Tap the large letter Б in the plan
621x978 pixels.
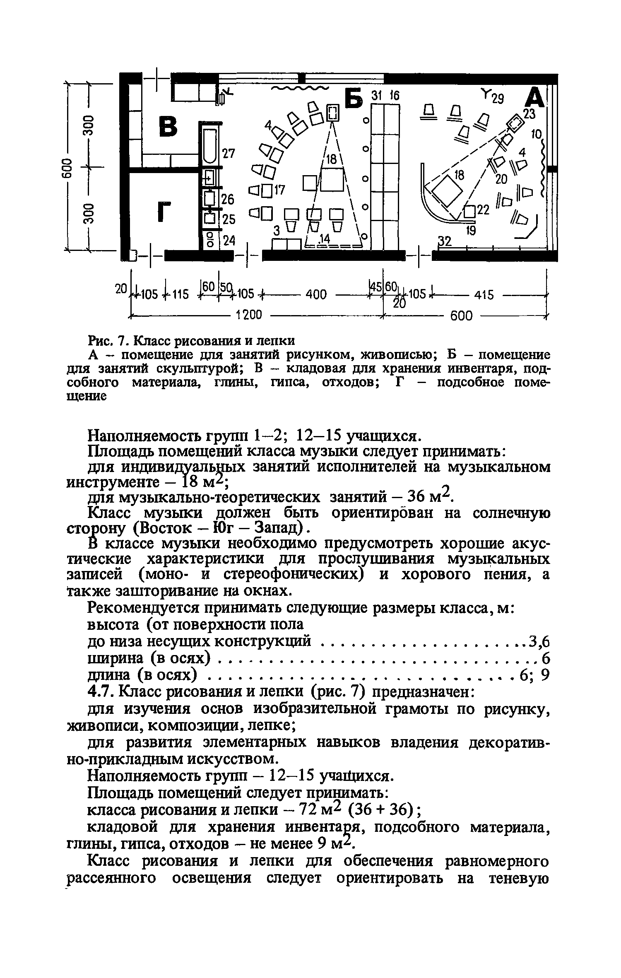coord(353,99)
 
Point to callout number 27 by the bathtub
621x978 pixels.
coord(229,154)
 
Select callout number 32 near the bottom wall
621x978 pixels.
coord(445,241)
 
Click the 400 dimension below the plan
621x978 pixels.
coord(316,294)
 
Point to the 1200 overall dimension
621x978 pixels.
coord(249,315)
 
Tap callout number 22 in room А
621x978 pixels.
coord(483,210)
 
